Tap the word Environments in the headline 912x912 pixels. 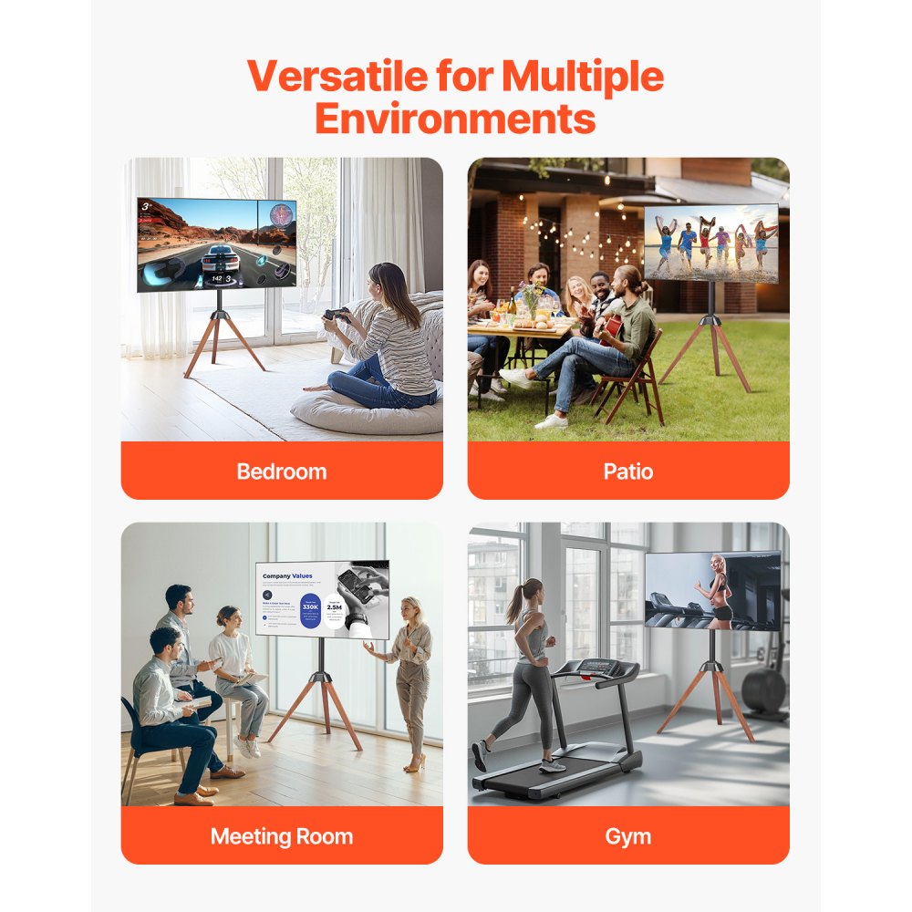[456, 119]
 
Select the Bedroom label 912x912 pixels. [281, 472]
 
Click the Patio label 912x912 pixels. [627, 472]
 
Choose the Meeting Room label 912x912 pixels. [281, 836]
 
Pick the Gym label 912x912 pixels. [627, 836]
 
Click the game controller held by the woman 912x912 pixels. [336, 316]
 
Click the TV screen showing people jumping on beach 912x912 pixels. [711, 243]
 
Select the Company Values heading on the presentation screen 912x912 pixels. [287, 576]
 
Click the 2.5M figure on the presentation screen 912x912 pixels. [335, 606]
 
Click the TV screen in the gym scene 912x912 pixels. [712, 591]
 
